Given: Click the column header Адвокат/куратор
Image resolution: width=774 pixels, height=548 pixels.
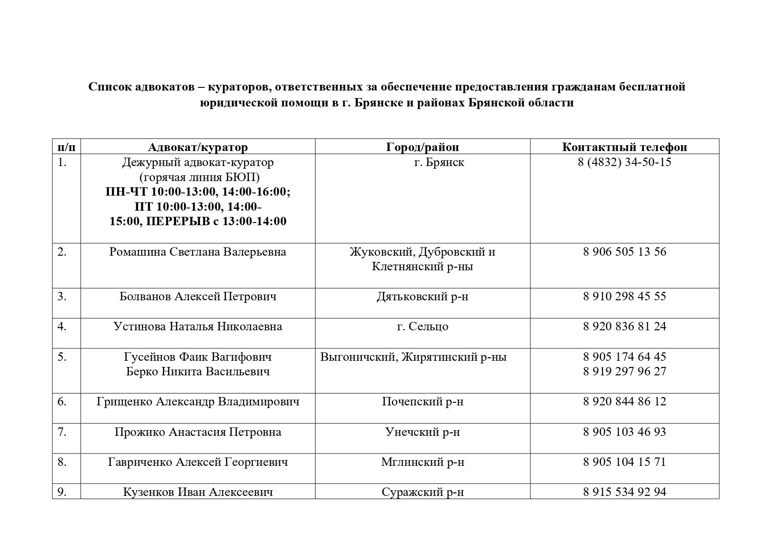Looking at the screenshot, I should (x=198, y=147).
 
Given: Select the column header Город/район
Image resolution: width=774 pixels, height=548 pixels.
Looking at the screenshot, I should (x=422, y=147).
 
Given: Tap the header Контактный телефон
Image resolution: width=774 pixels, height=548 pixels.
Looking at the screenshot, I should (x=624, y=147).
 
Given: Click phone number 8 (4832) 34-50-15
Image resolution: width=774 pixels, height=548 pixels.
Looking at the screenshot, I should (x=624, y=162).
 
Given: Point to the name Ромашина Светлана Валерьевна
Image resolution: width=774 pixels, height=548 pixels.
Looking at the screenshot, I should (x=198, y=252).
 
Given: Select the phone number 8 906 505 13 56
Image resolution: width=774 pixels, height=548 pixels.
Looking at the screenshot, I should (x=624, y=252).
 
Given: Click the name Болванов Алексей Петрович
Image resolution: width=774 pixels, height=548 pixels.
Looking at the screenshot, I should (x=198, y=296).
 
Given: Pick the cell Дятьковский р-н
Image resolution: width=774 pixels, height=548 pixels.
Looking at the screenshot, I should (x=422, y=296).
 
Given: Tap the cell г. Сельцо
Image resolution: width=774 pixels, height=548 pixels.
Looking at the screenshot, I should (x=422, y=327).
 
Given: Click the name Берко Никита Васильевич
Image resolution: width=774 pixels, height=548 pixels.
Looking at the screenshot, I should (x=198, y=371).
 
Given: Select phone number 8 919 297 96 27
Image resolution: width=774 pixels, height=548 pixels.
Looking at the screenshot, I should (x=624, y=371).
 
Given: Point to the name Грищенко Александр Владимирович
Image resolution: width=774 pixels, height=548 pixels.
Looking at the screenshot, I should (x=198, y=402).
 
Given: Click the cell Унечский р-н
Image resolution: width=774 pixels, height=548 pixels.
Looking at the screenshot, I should (x=422, y=432).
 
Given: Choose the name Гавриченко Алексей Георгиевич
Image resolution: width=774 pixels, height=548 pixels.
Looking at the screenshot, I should (x=198, y=462).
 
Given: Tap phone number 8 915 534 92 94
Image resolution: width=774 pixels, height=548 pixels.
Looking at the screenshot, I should (x=624, y=492).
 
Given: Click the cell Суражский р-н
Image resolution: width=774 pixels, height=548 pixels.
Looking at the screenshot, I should (x=422, y=492).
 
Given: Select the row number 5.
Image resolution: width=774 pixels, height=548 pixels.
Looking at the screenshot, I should (x=62, y=357).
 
